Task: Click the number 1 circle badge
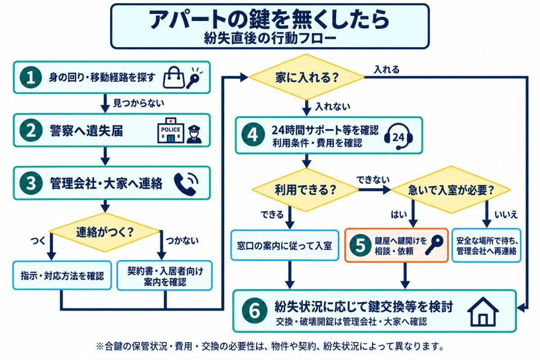pyautogui.click(x=31, y=77)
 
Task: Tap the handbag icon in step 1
pyautogui.click(x=174, y=78)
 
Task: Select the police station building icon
pyautogui.click(x=171, y=130)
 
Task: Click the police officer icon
pyautogui.click(x=194, y=134)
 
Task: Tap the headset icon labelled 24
pyautogui.click(x=398, y=136)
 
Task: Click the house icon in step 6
pyautogui.click(x=483, y=311)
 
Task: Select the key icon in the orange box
pyautogui.click(x=434, y=245)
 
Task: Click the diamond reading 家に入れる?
pyautogui.click(x=306, y=77)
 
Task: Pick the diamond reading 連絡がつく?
pyautogui.click(x=104, y=232)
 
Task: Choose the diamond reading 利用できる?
pyautogui.click(x=305, y=190)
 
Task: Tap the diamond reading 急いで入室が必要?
pyautogui.click(x=450, y=190)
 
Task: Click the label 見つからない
pyautogui.click(x=139, y=103)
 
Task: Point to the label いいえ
pyautogui.click(x=506, y=214)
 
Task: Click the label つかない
pyautogui.click(x=182, y=240)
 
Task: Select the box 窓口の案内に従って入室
pyautogui.click(x=285, y=245)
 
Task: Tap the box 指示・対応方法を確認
pyautogui.click(x=62, y=275)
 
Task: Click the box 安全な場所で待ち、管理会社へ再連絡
pyautogui.click(x=486, y=245)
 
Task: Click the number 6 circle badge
pyautogui.click(x=255, y=311)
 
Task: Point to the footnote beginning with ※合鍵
pyautogui.click(x=270, y=346)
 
